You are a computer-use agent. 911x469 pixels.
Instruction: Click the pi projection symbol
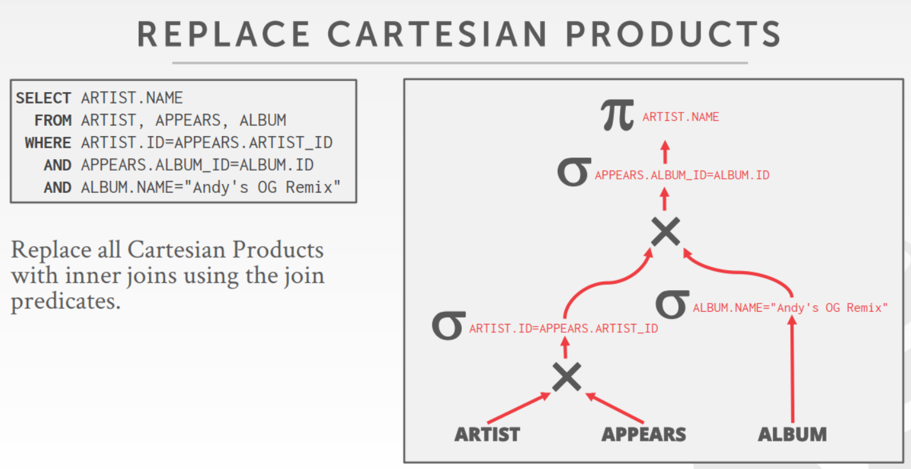[617, 115]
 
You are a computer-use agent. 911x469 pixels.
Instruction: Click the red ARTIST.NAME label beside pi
[681, 117]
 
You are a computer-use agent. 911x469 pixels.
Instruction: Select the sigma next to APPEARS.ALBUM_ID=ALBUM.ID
[574, 172]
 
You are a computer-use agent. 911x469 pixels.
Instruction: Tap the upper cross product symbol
[665, 231]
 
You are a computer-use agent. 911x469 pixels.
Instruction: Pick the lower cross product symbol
[567, 377]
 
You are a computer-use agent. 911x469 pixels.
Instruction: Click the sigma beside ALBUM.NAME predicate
[672, 305]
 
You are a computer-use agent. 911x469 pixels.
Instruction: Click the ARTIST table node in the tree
[487, 434]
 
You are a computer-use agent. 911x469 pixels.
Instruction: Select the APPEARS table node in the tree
[644, 434]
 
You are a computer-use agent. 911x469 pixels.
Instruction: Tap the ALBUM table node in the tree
[792, 434]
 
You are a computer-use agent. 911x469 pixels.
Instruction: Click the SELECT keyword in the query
[44, 98]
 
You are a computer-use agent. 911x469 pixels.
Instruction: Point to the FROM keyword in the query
[53, 121]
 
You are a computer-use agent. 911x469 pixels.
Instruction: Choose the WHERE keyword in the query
[48, 143]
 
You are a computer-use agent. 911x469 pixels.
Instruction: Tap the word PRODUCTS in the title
[673, 34]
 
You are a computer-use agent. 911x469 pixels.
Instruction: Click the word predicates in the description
[65, 302]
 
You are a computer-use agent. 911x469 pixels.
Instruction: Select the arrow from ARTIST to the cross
[519, 408]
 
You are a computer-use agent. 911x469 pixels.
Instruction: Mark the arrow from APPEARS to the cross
[615, 408]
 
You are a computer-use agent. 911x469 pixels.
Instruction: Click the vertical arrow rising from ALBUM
[792, 369]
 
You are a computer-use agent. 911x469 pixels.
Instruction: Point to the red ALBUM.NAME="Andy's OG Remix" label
[790, 308]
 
